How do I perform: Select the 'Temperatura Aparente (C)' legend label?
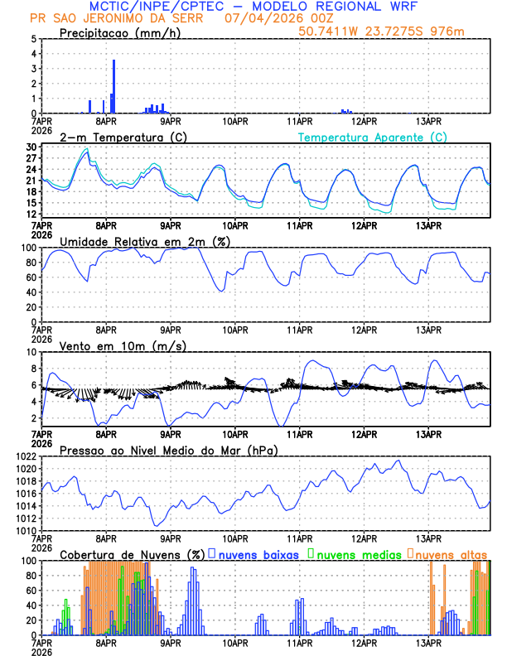point(372,137)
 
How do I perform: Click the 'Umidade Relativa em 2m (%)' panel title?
point(145,241)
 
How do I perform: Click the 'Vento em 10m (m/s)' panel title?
point(123,345)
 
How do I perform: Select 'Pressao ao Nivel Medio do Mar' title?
point(168,450)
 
